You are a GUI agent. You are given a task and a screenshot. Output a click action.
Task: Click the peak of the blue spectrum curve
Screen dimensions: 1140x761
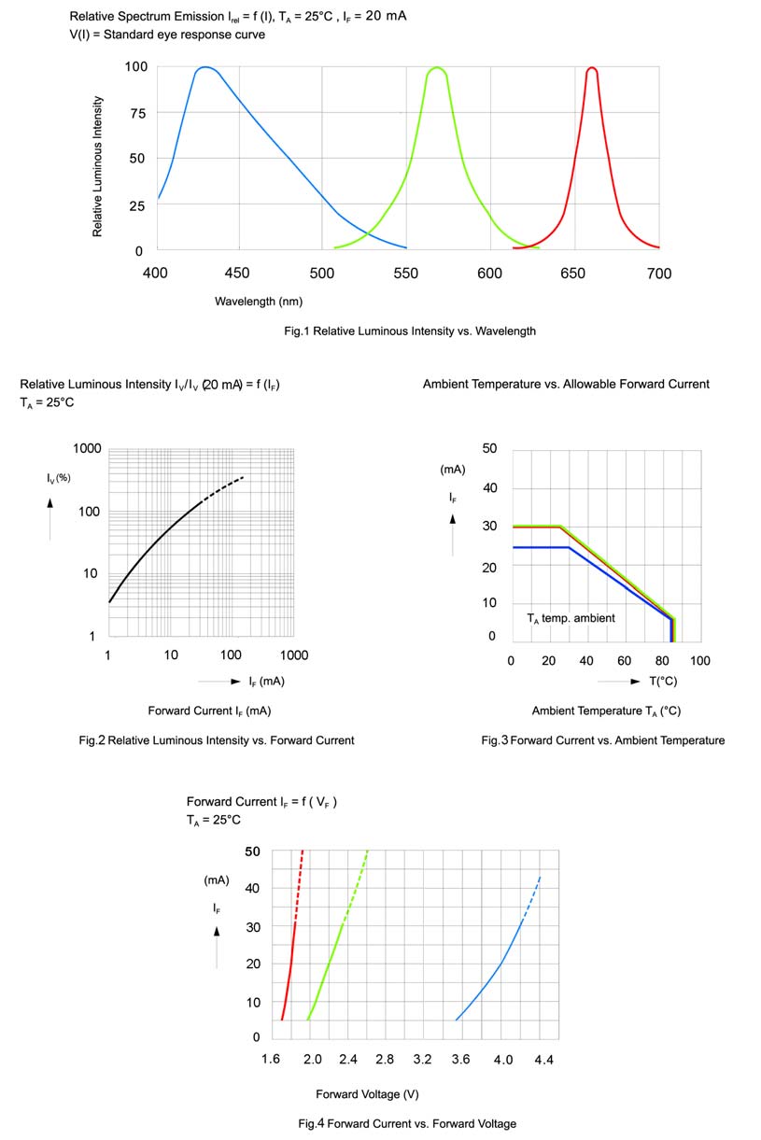[204, 67]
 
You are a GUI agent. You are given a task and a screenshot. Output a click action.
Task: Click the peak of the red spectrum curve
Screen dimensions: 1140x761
[591, 68]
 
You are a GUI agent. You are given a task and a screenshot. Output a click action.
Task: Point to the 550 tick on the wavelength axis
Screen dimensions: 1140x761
[407, 274]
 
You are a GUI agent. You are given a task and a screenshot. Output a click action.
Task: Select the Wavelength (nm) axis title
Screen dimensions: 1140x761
[259, 302]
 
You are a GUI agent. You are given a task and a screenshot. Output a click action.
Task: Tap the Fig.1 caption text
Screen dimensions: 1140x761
[410, 331]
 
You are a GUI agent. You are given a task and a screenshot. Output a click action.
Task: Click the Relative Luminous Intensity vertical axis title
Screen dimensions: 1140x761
[98, 166]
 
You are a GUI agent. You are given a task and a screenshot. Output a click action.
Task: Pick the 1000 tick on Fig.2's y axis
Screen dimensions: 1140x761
[87, 449]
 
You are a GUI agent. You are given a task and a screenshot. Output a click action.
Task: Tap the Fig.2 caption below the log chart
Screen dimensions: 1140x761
[217, 740]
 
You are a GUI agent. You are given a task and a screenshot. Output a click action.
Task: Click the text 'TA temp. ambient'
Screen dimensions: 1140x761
[571, 618]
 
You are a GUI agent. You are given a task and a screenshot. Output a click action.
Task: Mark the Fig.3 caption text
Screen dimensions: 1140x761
[602, 740]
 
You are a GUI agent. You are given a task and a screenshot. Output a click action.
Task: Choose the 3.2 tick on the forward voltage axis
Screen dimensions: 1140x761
[422, 1061]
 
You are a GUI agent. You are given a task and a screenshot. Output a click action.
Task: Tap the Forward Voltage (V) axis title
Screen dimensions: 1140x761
[367, 1094]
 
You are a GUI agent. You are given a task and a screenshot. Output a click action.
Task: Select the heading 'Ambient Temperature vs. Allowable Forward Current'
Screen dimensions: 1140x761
[566, 384]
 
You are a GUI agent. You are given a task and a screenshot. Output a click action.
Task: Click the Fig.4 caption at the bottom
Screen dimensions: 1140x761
[407, 1123]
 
